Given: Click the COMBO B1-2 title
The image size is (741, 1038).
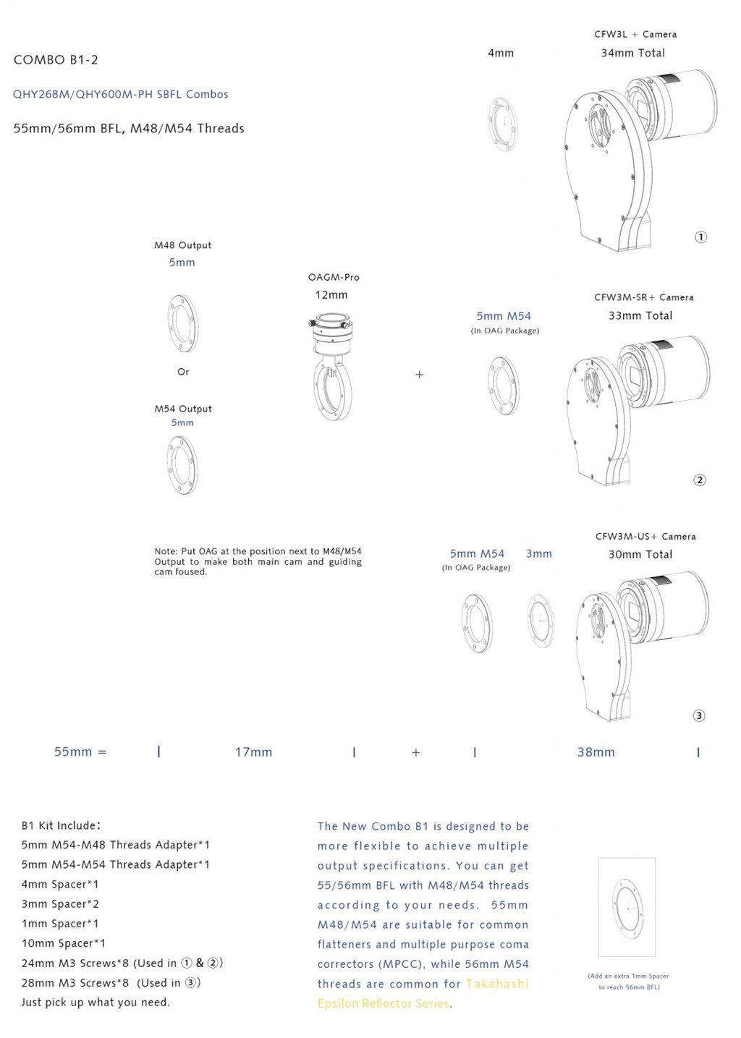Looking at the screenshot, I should tap(56, 60).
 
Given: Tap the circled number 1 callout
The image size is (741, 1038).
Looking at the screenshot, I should tap(700, 237).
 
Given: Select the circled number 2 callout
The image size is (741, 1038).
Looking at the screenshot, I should tap(699, 480).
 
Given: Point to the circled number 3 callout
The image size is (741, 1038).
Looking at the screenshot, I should tap(698, 715).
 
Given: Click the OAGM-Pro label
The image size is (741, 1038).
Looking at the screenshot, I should tap(334, 277).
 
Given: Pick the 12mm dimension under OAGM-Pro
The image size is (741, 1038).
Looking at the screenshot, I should tap(331, 295).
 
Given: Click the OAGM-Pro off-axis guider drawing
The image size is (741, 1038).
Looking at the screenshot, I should tap(332, 365).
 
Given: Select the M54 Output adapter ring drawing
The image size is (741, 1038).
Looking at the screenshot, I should tap(182, 466).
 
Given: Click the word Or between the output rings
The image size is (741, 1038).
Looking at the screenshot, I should tap(183, 372).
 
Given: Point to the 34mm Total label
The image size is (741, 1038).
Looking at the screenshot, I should tap(632, 53).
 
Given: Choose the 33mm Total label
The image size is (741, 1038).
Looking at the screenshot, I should tap(640, 315).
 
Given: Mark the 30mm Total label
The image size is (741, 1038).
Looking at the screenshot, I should tap(640, 554).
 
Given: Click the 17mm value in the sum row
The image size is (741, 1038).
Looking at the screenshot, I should tap(253, 752).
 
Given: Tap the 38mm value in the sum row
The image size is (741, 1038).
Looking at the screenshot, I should tap(596, 752).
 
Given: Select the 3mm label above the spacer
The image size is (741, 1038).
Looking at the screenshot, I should tap(538, 553).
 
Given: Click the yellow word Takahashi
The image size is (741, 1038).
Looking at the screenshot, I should tap(497, 984).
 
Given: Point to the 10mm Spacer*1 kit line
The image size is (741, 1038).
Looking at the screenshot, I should tap(64, 943).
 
